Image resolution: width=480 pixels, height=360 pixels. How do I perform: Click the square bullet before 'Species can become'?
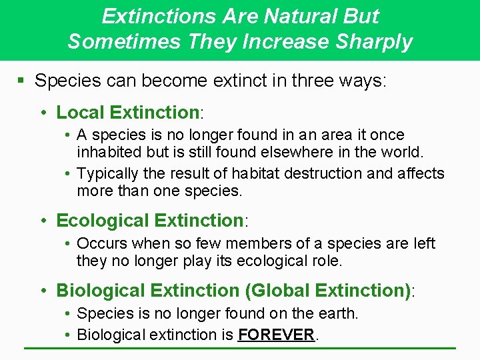click(x=21, y=81)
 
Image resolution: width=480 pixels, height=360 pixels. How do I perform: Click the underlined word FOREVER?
click(x=275, y=335)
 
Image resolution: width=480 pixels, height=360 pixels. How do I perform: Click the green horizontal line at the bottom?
click(x=240, y=348)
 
